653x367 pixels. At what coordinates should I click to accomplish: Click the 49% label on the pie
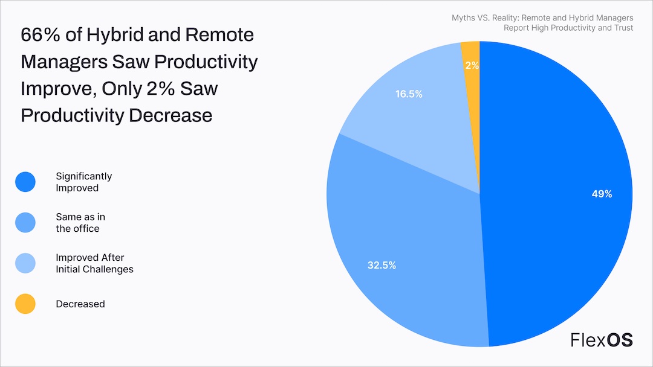(602, 194)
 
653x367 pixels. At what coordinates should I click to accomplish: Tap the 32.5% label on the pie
(382, 265)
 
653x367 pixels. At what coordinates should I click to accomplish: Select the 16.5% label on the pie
(409, 94)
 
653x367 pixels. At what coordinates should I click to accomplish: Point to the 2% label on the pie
(472, 65)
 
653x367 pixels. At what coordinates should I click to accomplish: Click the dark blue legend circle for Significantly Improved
(25, 182)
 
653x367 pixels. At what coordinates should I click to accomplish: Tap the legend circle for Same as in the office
(25, 223)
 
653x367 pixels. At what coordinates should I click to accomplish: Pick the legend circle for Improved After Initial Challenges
(25, 264)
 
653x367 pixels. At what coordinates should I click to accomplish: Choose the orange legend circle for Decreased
(25, 304)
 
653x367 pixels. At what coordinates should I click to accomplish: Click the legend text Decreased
(80, 304)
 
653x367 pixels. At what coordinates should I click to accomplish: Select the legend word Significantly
(84, 176)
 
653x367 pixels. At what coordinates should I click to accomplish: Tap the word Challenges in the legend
(109, 269)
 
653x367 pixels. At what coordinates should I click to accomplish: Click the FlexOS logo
(602, 340)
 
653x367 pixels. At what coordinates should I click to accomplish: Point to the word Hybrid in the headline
(114, 35)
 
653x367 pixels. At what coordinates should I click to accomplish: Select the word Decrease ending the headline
(171, 115)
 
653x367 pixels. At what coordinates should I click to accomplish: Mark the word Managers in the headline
(64, 62)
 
